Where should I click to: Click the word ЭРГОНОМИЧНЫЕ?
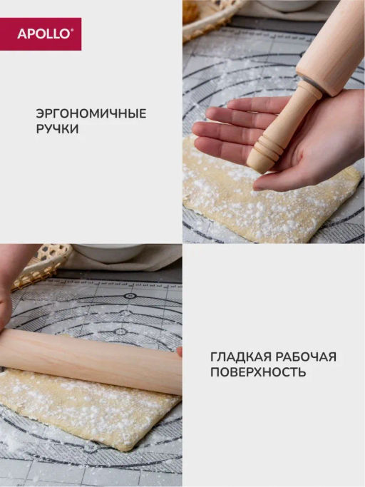tap(91, 113)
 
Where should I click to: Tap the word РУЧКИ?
tap(58, 128)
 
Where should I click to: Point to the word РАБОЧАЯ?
tap(306, 357)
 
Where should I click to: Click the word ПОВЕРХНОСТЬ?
tap(258, 371)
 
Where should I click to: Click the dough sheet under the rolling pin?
tap(90, 410)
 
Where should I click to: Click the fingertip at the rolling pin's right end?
tap(179, 352)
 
